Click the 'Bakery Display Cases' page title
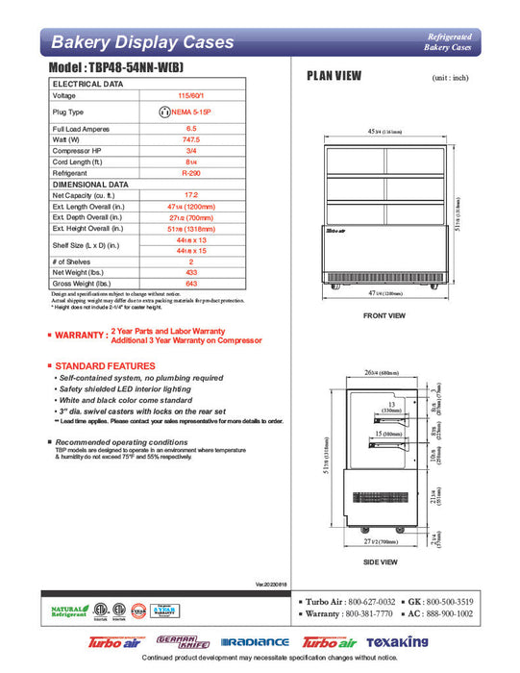[x=141, y=42]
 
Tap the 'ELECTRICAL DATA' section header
[x=87, y=85]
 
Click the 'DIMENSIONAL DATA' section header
[x=90, y=184]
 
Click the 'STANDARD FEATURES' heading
[x=105, y=366]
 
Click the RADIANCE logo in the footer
[x=255, y=641]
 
